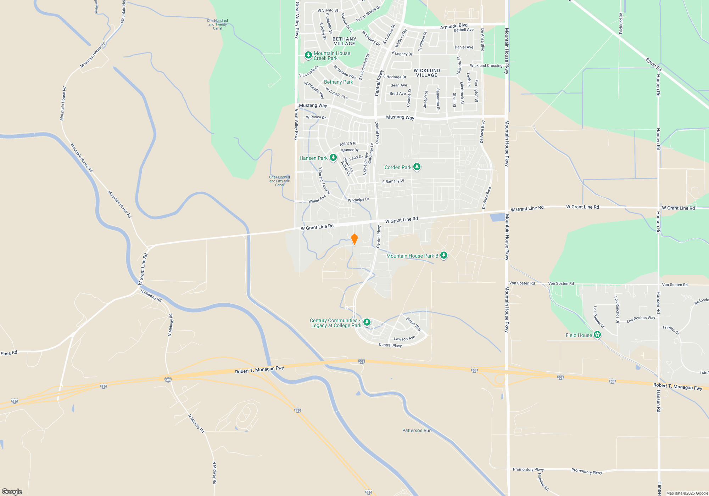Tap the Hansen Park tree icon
point(333,158)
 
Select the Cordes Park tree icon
point(417,167)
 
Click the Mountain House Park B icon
point(443,255)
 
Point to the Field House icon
point(597,335)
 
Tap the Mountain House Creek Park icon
point(308,55)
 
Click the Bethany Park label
point(338,82)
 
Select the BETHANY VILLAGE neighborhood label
point(344,41)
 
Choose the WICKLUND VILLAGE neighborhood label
point(427,73)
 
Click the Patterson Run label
point(417,430)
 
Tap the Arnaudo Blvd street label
point(454,26)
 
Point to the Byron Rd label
point(653,64)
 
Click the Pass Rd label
point(9,353)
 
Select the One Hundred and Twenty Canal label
point(217,24)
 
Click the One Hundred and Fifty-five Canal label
point(279,181)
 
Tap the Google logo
point(12,491)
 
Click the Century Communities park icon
point(367,322)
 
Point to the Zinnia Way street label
point(413,324)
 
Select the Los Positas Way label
point(641,320)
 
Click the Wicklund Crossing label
point(486,66)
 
